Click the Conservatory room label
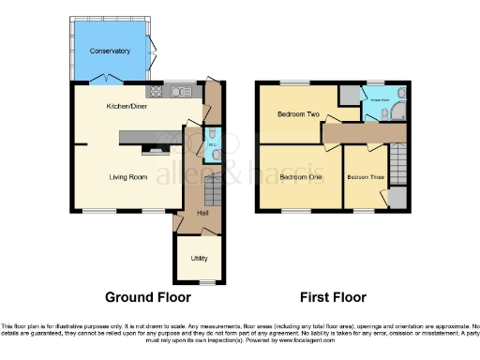(x=110, y=50)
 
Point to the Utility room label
(x=198, y=258)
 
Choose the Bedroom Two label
(x=298, y=115)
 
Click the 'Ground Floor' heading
(x=142, y=297)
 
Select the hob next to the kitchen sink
(x=156, y=92)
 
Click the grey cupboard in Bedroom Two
(x=349, y=95)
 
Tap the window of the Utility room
(x=205, y=279)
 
